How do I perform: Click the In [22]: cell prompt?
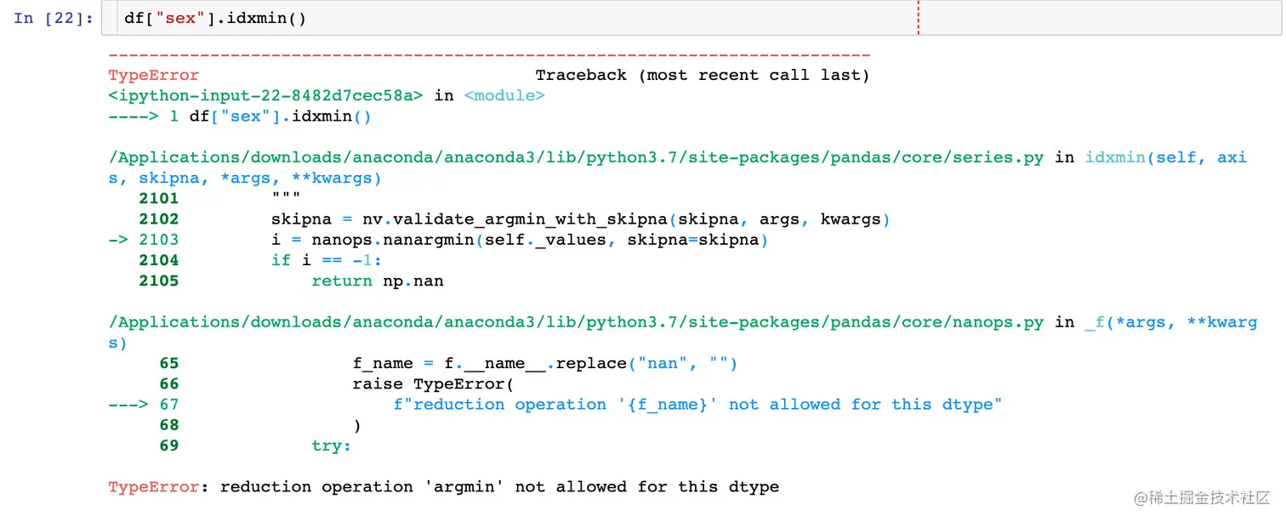tap(54, 18)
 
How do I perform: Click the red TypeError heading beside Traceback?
tap(154, 75)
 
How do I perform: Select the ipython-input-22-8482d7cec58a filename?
tap(265, 95)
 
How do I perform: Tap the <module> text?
tap(504, 95)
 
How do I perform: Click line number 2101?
tap(159, 198)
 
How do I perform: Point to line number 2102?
tap(159, 219)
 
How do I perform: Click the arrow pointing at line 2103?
tap(119, 240)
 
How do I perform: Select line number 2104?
tap(159, 260)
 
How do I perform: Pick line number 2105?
tap(159, 281)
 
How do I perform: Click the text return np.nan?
tap(378, 281)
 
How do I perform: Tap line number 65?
tap(169, 363)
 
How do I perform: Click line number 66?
tap(169, 384)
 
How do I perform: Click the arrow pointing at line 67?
tap(128, 405)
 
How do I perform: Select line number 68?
tap(169, 425)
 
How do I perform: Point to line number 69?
tap(169, 445)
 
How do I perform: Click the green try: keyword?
tap(332, 445)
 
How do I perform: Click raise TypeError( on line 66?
tap(434, 384)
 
